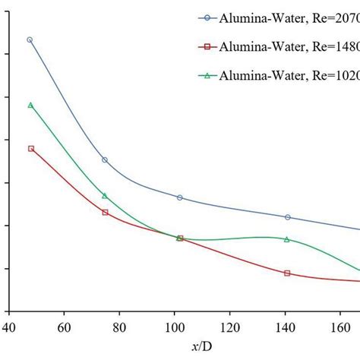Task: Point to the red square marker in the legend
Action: (x=204, y=47)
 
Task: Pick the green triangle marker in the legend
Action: (x=204, y=74)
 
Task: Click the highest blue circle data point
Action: (x=30, y=39)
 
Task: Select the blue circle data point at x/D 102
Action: (x=180, y=197)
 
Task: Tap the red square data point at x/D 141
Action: (x=287, y=273)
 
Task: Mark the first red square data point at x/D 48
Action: (x=30, y=148)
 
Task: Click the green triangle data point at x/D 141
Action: (x=287, y=239)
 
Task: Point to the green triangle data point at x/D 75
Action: (x=105, y=196)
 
